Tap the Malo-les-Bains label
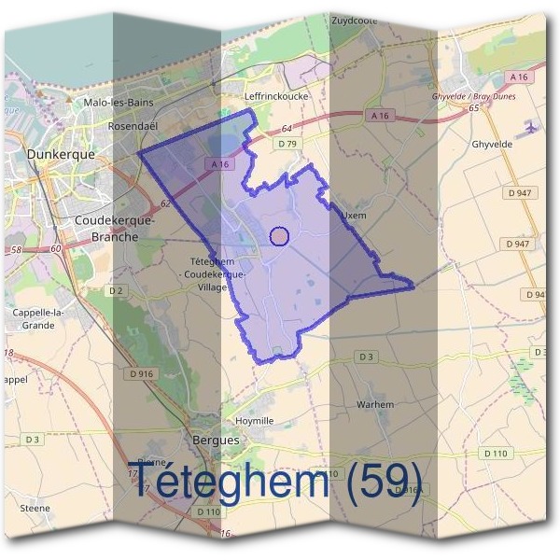click(118, 103)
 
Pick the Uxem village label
click(351, 214)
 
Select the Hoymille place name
click(254, 421)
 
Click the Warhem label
click(375, 404)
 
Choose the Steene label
click(35, 509)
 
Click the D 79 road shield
click(287, 144)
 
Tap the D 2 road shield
click(116, 290)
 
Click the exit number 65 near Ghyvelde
click(474, 108)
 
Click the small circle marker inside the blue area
click(278, 236)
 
